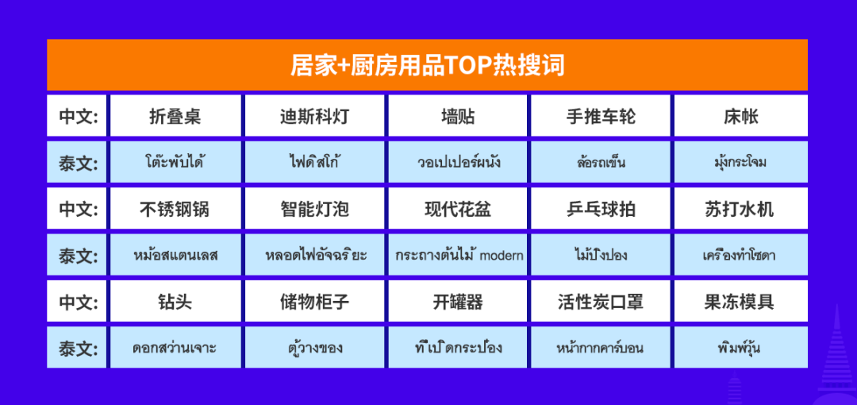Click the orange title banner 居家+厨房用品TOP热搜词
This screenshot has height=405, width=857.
click(x=427, y=65)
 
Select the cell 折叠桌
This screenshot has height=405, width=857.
click(x=175, y=115)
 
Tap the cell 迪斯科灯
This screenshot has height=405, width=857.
click(x=314, y=115)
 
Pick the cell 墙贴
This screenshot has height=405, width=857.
click(x=458, y=115)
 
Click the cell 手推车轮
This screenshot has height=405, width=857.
click(x=601, y=115)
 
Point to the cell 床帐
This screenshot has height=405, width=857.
click(x=740, y=115)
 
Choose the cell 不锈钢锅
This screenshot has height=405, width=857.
click(x=175, y=209)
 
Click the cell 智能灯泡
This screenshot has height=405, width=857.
click(x=314, y=209)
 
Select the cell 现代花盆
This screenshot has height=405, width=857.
click(x=458, y=209)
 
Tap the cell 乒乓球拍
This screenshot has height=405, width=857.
click(x=601, y=209)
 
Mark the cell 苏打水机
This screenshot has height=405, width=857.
click(x=740, y=209)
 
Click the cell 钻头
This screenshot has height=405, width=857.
click(x=175, y=301)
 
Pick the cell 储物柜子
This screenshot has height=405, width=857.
click(x=314, y=301)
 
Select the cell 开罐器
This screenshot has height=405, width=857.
click(x=458, y=301)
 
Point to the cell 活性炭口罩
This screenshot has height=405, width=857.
click(x=601, y=301)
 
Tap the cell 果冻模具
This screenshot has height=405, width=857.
click(x=740, y=301)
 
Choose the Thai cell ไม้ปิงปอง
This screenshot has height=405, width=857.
click(x=601, y=255)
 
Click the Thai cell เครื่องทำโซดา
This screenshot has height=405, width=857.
click(x=740, y=255)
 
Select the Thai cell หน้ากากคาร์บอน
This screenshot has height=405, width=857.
click(x=601, y=348)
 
